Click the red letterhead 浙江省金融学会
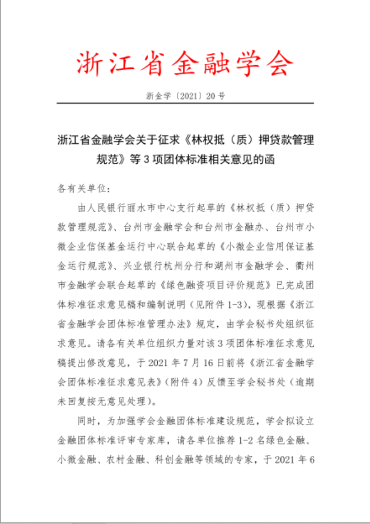tap(185, 63)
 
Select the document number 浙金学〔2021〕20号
tap(185, 95)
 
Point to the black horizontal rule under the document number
tap(185, 103)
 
